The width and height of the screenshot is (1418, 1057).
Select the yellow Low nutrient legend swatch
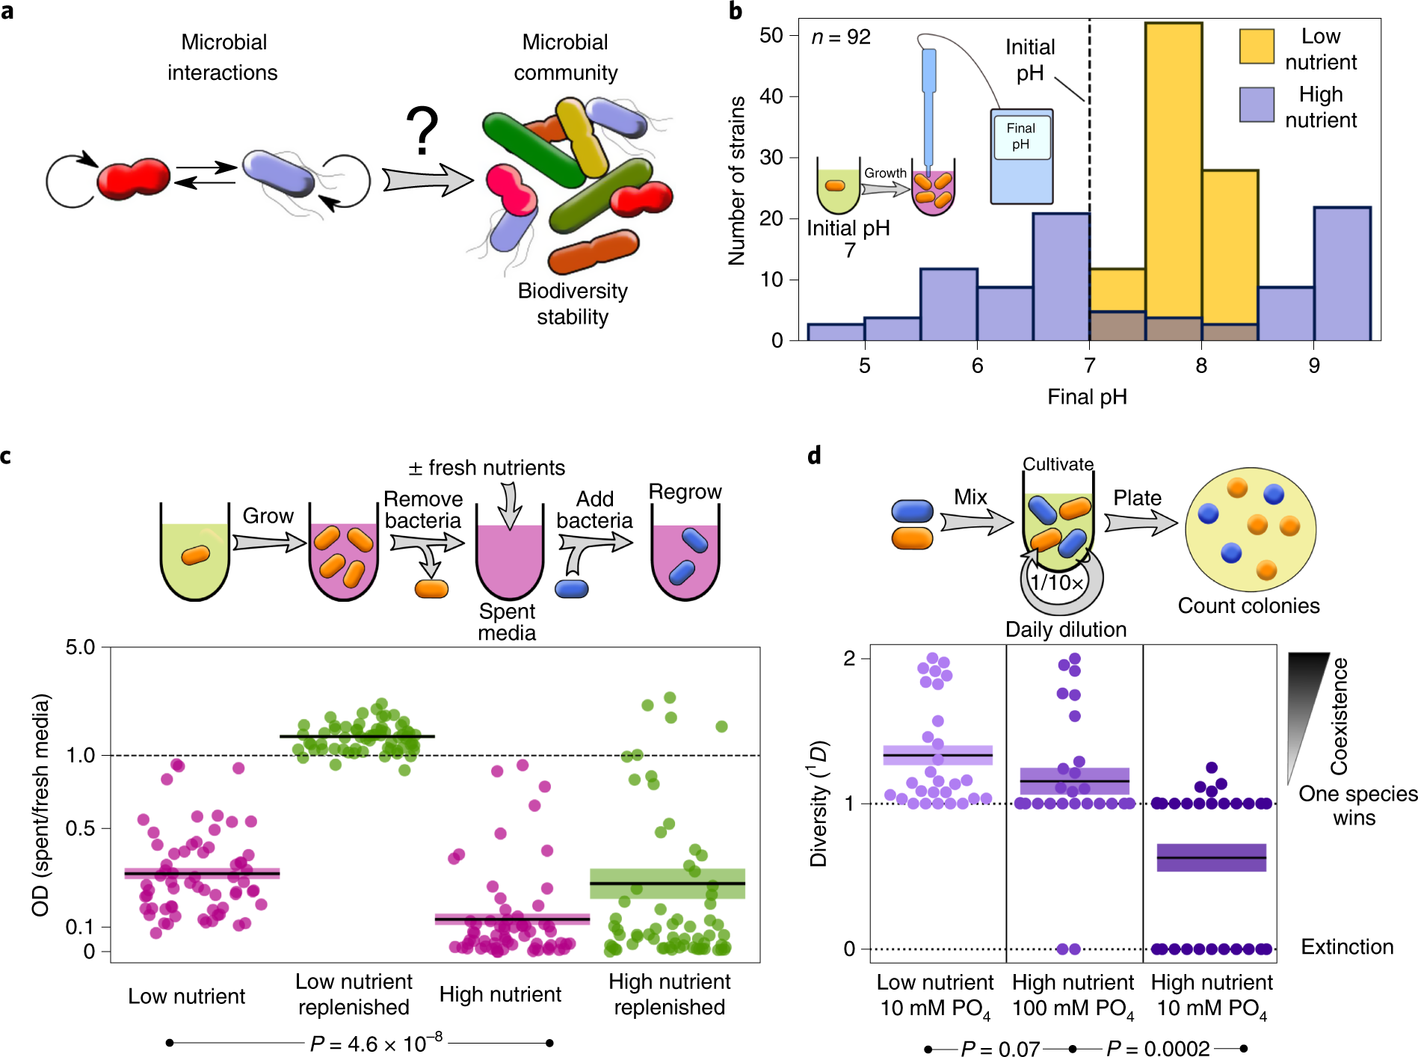1257,46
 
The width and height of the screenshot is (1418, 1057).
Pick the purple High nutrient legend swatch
1257,105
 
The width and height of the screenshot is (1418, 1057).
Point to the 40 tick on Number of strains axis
771,96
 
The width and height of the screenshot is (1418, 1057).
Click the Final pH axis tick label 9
1314,366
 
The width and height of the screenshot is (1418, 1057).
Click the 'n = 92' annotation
841,37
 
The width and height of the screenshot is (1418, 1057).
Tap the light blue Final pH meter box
1021,156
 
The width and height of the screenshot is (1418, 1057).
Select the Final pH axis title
1087,397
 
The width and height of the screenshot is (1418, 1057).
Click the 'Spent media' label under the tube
508,622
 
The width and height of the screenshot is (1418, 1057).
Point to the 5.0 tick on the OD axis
81,647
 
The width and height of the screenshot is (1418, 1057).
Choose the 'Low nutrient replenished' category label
354,994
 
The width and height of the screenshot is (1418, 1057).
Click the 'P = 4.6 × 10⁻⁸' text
376,1043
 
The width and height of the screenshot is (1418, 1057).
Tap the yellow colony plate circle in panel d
1250,529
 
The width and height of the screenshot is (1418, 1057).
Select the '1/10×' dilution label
1057,582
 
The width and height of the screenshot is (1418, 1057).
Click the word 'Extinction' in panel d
1347,947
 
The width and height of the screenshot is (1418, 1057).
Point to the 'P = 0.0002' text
1158,1049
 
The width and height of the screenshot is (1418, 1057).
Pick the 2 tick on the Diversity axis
849,659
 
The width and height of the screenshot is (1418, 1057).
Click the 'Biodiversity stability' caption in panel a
573,303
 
